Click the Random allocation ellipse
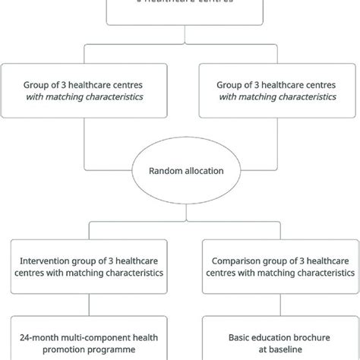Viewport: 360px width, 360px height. (x=180, y=172)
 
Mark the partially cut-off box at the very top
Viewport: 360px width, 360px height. (x=180, y=6)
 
